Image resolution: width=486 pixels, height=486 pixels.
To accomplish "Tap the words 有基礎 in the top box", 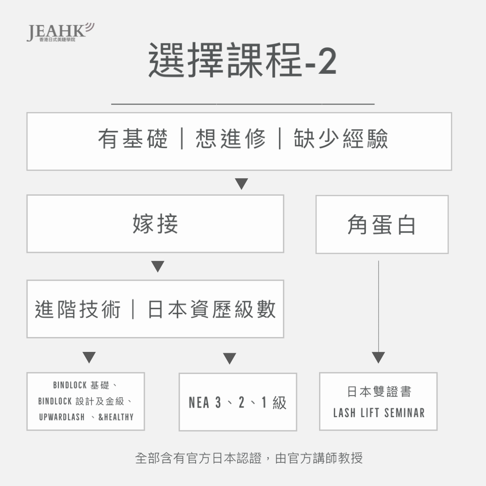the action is point(133,139).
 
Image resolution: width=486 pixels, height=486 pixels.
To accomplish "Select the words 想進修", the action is point(230,139).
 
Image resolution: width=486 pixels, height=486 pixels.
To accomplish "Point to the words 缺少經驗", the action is point(341,139).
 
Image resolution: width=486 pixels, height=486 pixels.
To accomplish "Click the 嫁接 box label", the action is point(155,224).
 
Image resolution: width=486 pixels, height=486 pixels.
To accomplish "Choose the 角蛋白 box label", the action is point(382,225).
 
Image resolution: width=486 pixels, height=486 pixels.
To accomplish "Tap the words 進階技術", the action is point(78,309).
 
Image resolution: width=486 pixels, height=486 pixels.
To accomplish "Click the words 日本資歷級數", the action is point(212,309).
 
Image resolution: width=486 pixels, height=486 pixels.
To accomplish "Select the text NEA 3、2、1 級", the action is point(238,402).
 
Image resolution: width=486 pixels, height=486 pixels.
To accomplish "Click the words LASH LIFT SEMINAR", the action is point(379,413).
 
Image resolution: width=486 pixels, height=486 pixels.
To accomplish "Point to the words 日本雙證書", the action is point(379,391).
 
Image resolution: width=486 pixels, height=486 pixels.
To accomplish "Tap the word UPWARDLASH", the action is point(62,417).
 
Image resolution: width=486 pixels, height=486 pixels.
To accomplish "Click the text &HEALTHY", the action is point(116,417).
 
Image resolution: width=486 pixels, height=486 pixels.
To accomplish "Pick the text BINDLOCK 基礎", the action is point(81,385).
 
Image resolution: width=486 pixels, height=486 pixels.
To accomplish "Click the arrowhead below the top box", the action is point(242,184).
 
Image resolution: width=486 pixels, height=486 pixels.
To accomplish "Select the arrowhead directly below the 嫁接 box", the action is point(157,266).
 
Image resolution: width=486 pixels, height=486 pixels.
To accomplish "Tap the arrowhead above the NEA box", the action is point(229,358).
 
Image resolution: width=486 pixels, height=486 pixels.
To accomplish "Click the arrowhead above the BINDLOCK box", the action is point(89,357).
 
